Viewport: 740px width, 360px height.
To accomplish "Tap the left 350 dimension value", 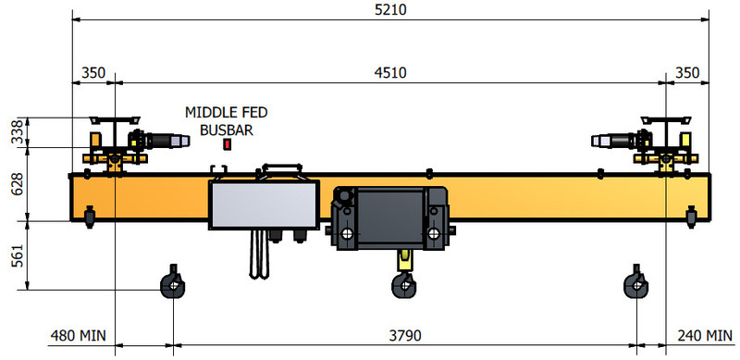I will (93, 72).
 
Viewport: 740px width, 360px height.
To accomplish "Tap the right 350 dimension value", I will (688, 72).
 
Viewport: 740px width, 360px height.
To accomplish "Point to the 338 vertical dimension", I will (15, 133).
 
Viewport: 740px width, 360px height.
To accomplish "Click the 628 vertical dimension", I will (15, 185).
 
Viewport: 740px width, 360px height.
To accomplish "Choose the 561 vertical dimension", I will (15, 255).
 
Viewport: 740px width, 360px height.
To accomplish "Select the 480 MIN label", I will (78, 334).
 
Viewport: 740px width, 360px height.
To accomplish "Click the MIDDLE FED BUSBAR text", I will (227, 120).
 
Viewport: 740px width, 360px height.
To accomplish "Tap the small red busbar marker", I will (228, 144).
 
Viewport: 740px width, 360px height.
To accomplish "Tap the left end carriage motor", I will (162, 141).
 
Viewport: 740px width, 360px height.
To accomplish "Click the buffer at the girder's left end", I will (89, 216).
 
